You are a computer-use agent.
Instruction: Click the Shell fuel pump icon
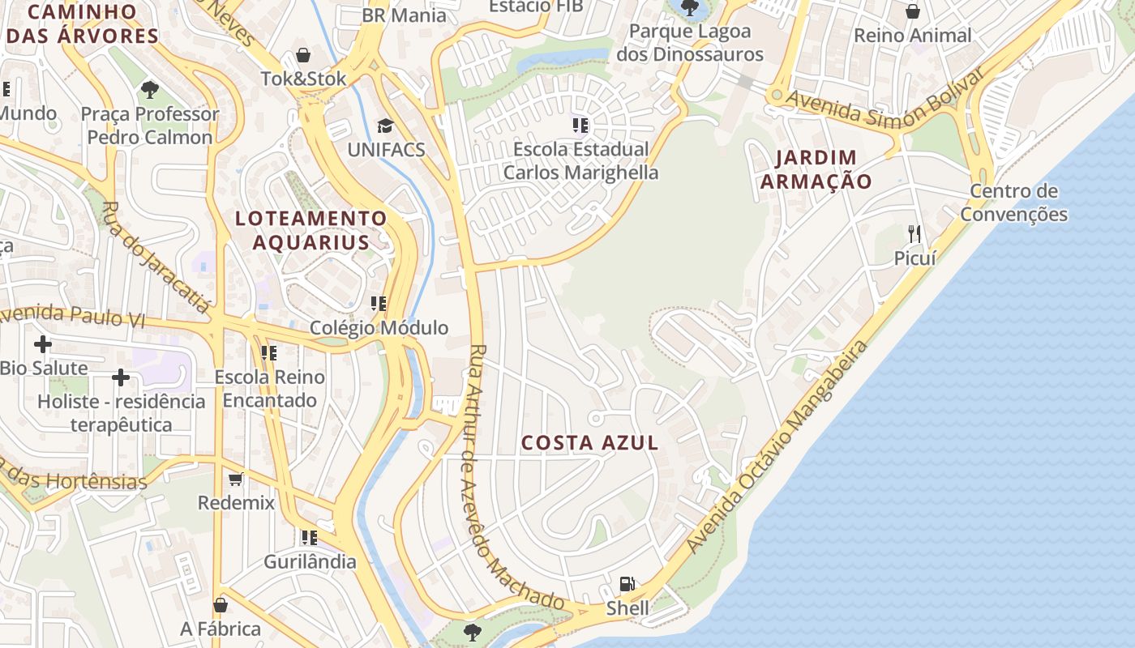[626, 583]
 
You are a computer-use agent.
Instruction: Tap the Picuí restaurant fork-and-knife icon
[914, 234]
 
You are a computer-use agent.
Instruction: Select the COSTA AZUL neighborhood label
[589, 443]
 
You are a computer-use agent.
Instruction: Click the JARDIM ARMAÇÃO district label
[815, 169]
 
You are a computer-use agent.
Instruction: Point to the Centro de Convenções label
[1013, 202]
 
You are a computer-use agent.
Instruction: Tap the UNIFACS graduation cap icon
[385, 126]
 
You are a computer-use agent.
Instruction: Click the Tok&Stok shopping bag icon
[303, 55]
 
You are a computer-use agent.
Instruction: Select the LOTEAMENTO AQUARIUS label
[311, 230]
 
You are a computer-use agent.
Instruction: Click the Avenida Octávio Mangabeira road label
[777, 448]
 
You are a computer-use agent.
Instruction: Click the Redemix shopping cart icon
[236, 479]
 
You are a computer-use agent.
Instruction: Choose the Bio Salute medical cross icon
[43, 344]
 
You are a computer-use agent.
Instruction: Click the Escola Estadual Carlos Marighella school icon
[580, 125]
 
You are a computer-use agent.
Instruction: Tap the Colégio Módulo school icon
[379, 304]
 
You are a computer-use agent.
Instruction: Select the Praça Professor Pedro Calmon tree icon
[149, 90]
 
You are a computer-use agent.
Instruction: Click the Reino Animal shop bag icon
[913, 11]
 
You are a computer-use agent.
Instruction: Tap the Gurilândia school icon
[309, 537]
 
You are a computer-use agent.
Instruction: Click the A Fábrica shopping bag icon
[221, 605]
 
